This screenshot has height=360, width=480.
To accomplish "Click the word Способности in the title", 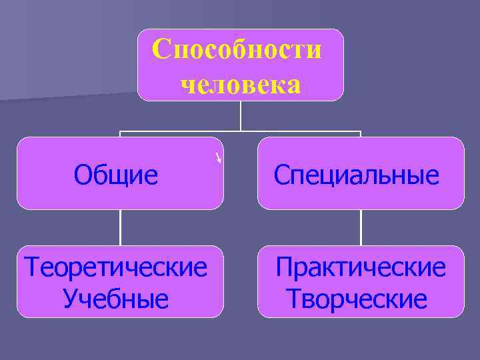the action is (x=237, y=49).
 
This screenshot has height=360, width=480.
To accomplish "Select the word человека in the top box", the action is (x=241, y=85).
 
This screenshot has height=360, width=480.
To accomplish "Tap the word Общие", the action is (x=116, y=175).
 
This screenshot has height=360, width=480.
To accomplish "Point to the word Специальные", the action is (x=357, y=175).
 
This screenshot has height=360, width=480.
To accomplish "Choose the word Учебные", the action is (x=116, y=299).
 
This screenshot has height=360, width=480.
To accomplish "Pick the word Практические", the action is (x=361, y=268).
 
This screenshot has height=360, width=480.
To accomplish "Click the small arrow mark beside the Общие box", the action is (x=218, y=158).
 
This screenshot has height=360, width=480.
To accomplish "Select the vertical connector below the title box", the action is (x=241, y=115).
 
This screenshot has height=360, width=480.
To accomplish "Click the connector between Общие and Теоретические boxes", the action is (x=121, y=227).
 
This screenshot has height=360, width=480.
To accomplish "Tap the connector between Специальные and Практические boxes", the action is (x=361, y=227).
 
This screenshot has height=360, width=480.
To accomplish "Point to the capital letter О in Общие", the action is (x=82, y=175).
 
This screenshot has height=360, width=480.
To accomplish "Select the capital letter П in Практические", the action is (x=285, y=268).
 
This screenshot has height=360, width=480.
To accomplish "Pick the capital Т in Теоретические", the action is (x=31, y=268).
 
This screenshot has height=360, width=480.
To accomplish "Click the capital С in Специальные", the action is (x=281, y=175).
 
